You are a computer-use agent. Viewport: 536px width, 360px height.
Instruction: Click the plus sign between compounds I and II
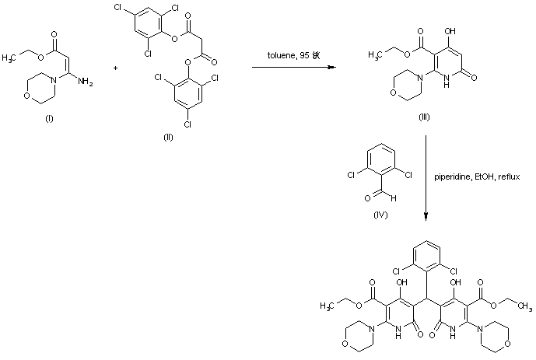[x=115, y=68]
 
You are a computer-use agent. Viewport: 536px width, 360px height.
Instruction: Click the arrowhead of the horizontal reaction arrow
[x=335, y=68]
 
